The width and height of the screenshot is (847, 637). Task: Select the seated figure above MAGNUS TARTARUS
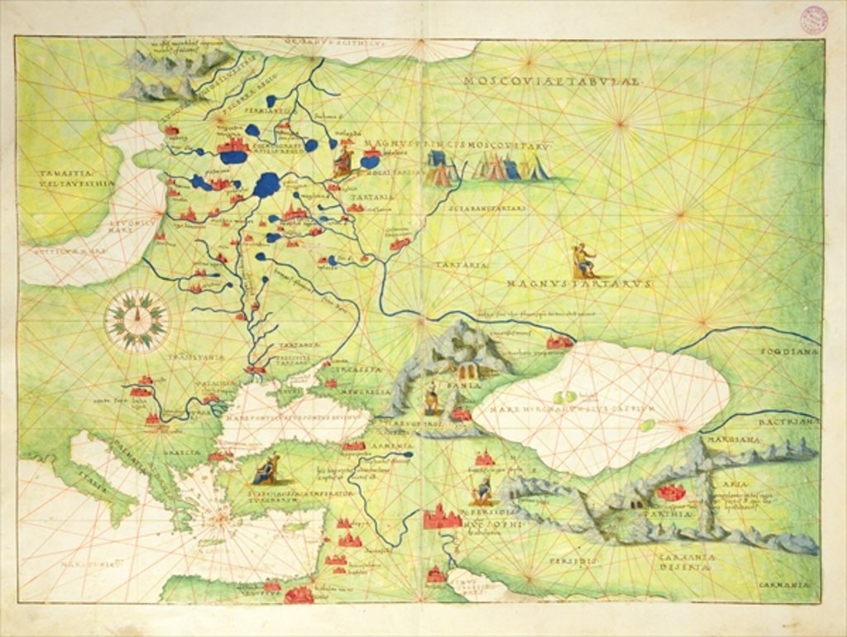coord(584,261)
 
